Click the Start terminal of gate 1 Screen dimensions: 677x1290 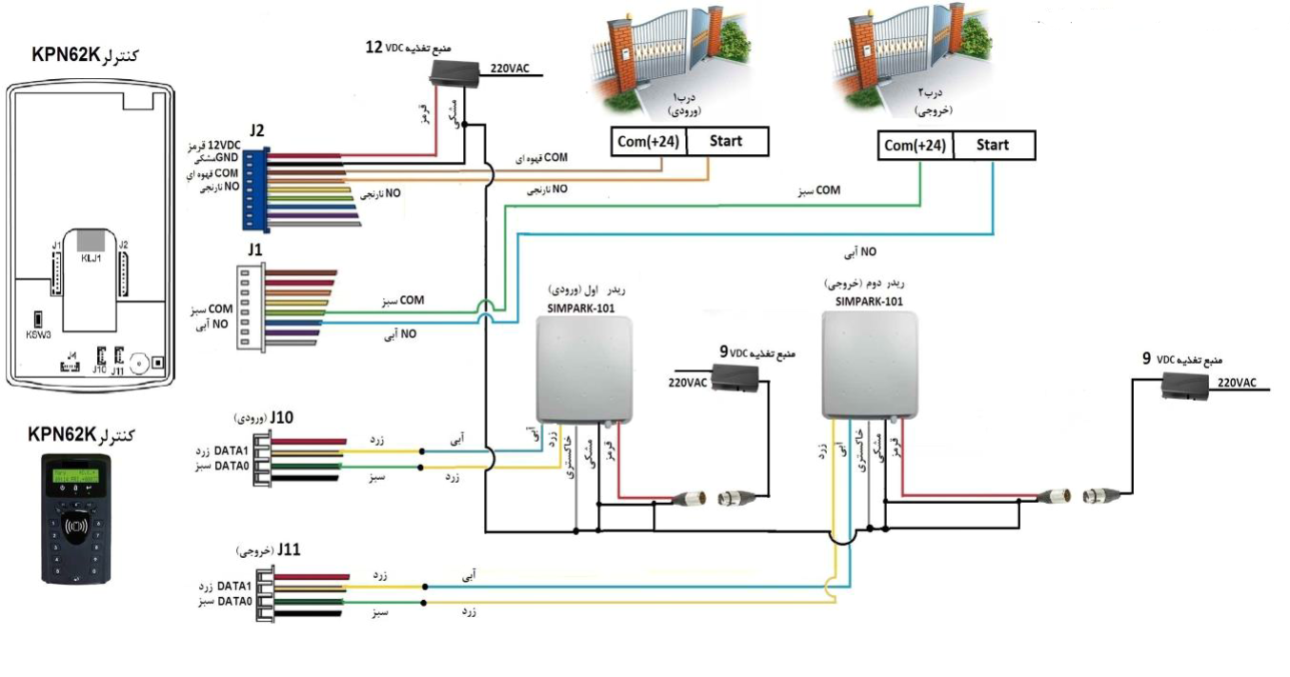point(726,142)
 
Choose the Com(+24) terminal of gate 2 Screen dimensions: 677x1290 point(915,146)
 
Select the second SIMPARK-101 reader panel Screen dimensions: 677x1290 point(871,363)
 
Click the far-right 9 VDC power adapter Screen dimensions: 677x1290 point(1185,384)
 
